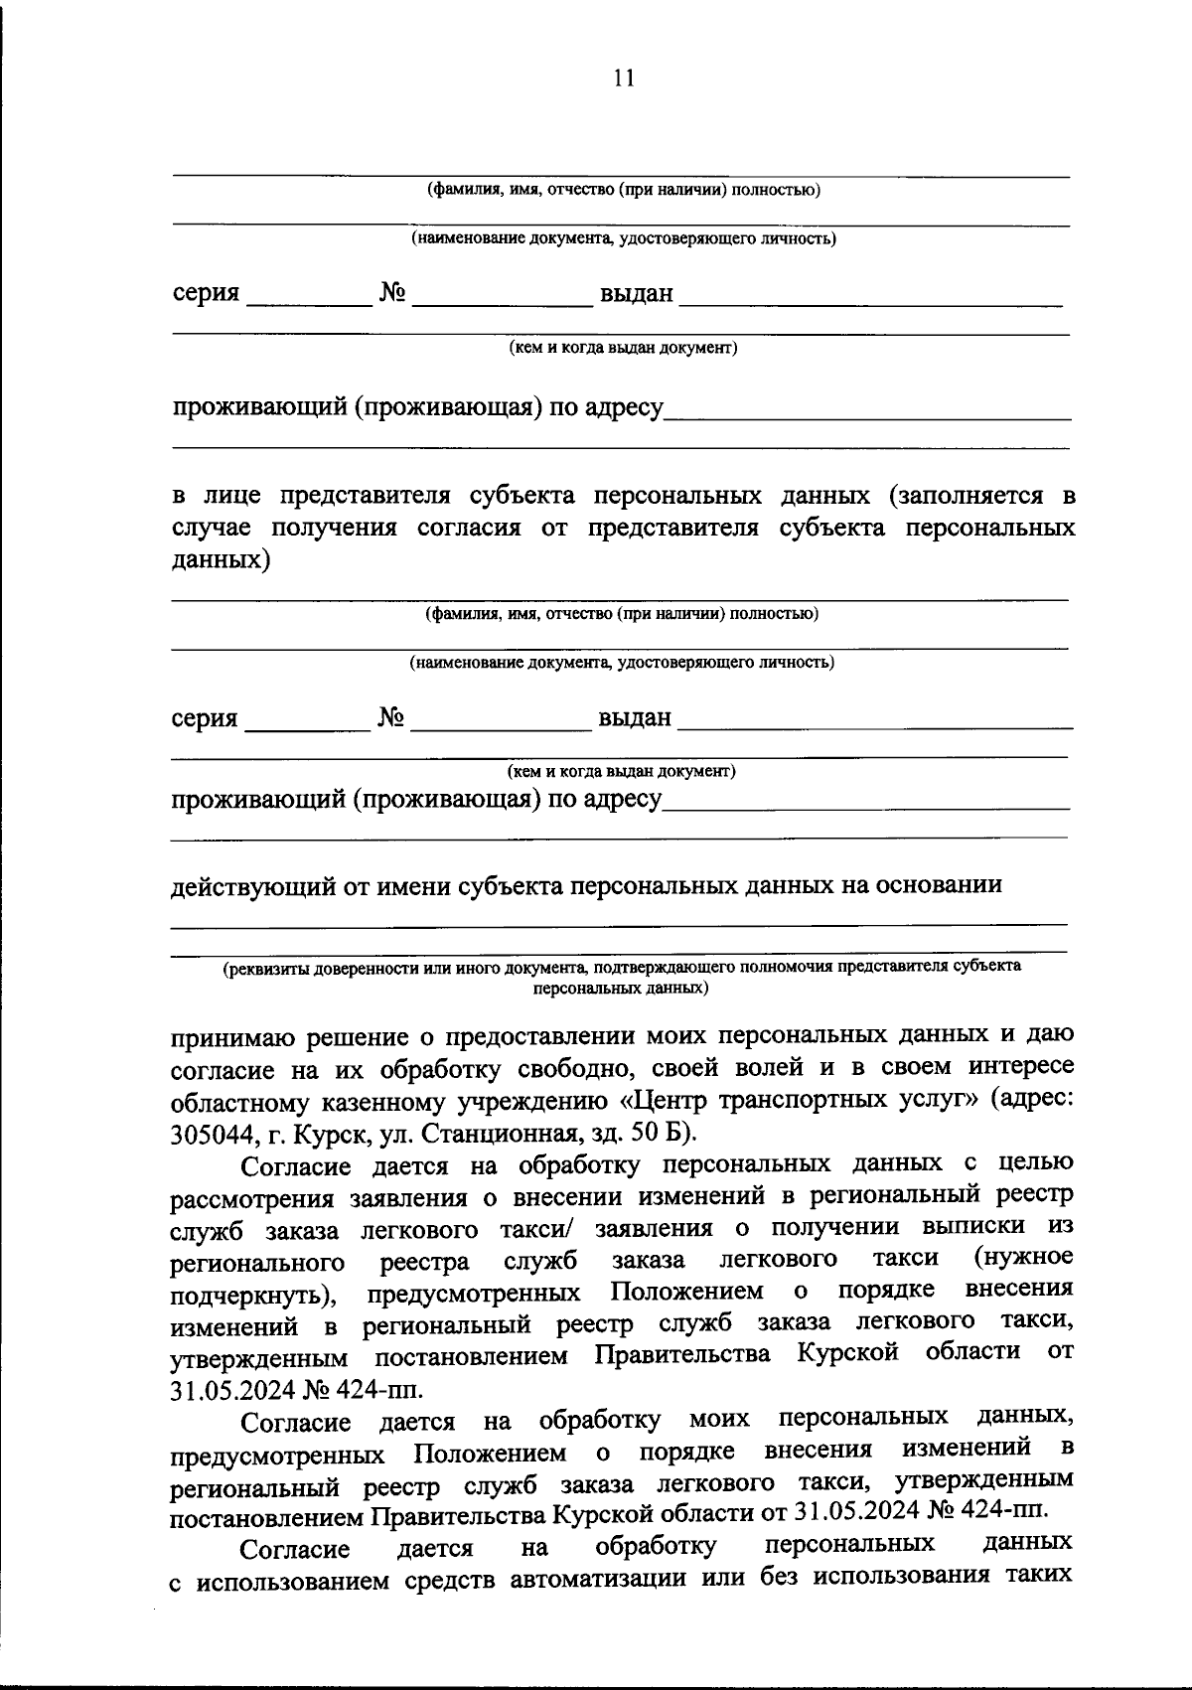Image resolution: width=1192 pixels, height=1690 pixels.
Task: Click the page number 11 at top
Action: pos(624,78)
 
